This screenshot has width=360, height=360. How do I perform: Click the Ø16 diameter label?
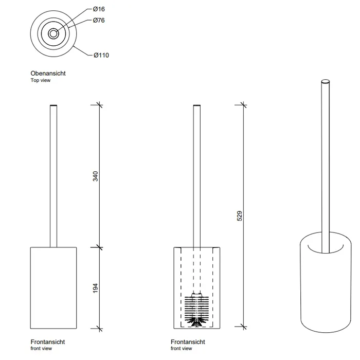99,9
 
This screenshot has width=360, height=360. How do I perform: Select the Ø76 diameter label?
99,21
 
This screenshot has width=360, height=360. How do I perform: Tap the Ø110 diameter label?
101,55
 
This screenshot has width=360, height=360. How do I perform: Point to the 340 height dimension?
95,176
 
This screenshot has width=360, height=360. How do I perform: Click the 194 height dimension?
95,288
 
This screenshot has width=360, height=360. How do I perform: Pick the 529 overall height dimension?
240,216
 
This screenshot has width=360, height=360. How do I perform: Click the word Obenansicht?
48,74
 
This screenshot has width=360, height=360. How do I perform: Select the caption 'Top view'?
41,80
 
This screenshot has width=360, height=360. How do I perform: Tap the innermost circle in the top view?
53,31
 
